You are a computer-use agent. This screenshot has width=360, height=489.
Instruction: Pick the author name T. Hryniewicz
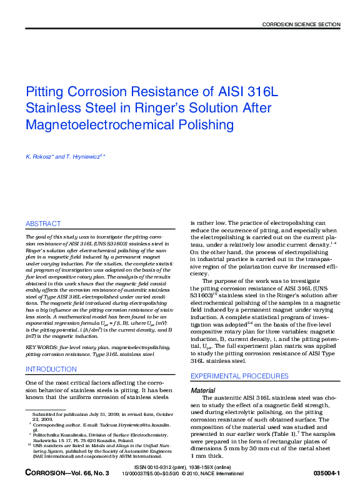pyautogui.click(x=85, y=156)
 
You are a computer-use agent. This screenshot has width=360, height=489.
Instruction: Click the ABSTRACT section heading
pyautogui.click(x=43, y=224)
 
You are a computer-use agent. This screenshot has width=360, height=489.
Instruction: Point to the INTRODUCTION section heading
pyautogui.click(x=51, y=369)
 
